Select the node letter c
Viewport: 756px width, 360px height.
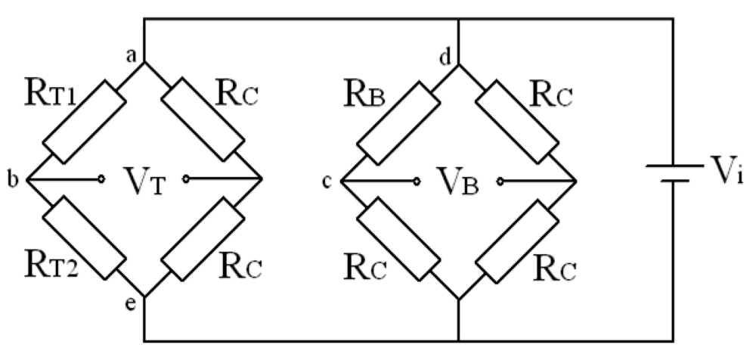pos(327,181)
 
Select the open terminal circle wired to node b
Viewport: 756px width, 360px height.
pos(100,180)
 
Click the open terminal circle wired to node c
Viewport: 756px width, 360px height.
pos(416,180)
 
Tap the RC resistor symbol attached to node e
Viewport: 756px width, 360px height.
pos(203,238)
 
